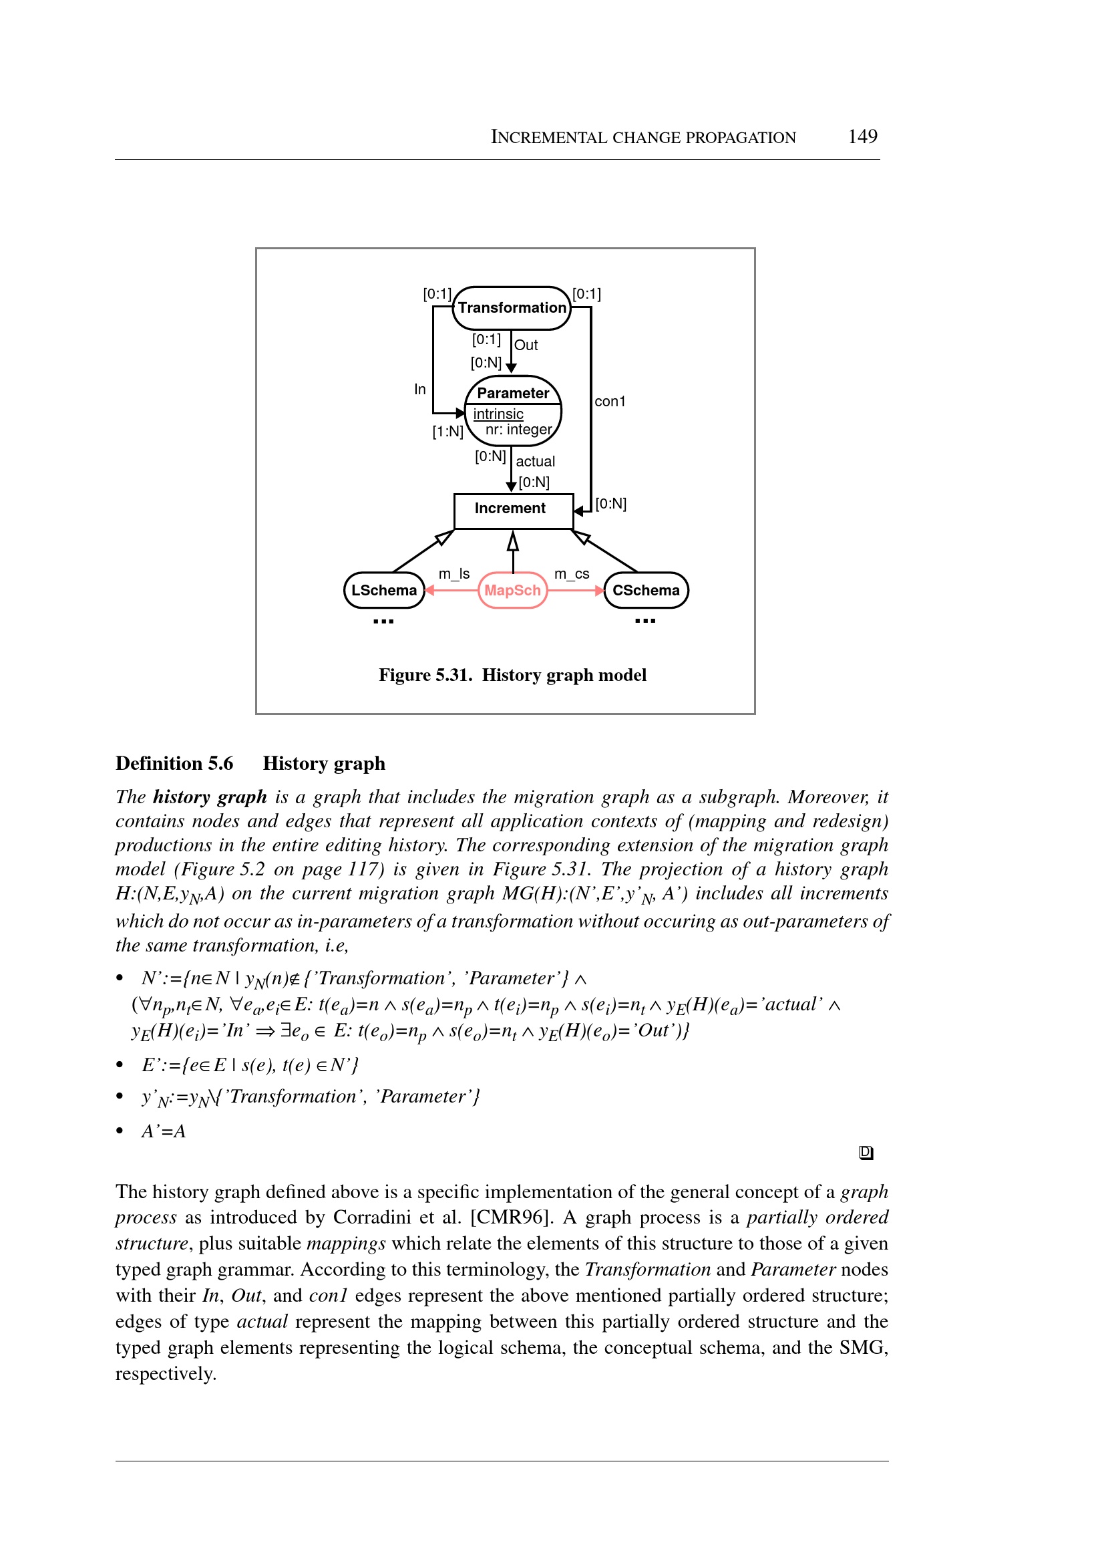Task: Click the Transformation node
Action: pos(511,308)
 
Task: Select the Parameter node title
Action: pos(512,393)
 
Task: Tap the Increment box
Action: pos(512,509)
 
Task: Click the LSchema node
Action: pos(383,591)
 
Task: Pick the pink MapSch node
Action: pos(512,591)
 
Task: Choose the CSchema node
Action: pos(645,591)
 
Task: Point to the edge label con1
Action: pos(610,402)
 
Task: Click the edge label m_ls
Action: pos(454,573)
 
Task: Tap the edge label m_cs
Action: pos(572,573)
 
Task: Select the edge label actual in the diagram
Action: pos(535,461)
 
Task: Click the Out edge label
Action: pos(526,345)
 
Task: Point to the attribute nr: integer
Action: pos(518,429)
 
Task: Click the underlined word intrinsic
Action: pos(498,414)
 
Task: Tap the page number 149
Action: pos(862,136)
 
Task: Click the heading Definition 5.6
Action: pos(174,763)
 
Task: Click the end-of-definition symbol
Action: pos(866,1152)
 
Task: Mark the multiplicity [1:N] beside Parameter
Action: pos(447,431)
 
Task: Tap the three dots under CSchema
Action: pos(645,620)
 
